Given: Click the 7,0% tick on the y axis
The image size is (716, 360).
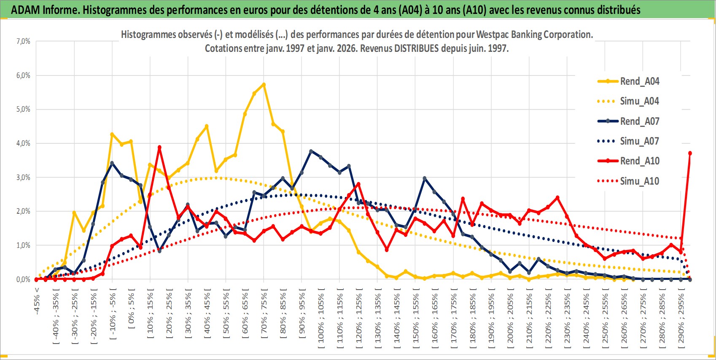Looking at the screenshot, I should coord(23,41).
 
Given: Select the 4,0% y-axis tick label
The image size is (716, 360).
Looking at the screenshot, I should coord(23,143).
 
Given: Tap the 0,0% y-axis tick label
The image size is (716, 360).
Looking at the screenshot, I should coord(23,279).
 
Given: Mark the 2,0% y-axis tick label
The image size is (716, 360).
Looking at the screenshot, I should coord(23,211).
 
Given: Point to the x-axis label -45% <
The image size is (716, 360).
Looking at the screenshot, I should coord(37,301).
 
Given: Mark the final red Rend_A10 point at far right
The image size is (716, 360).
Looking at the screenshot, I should coord(690,153).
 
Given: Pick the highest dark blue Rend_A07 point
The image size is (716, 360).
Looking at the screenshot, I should coord(311,151).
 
